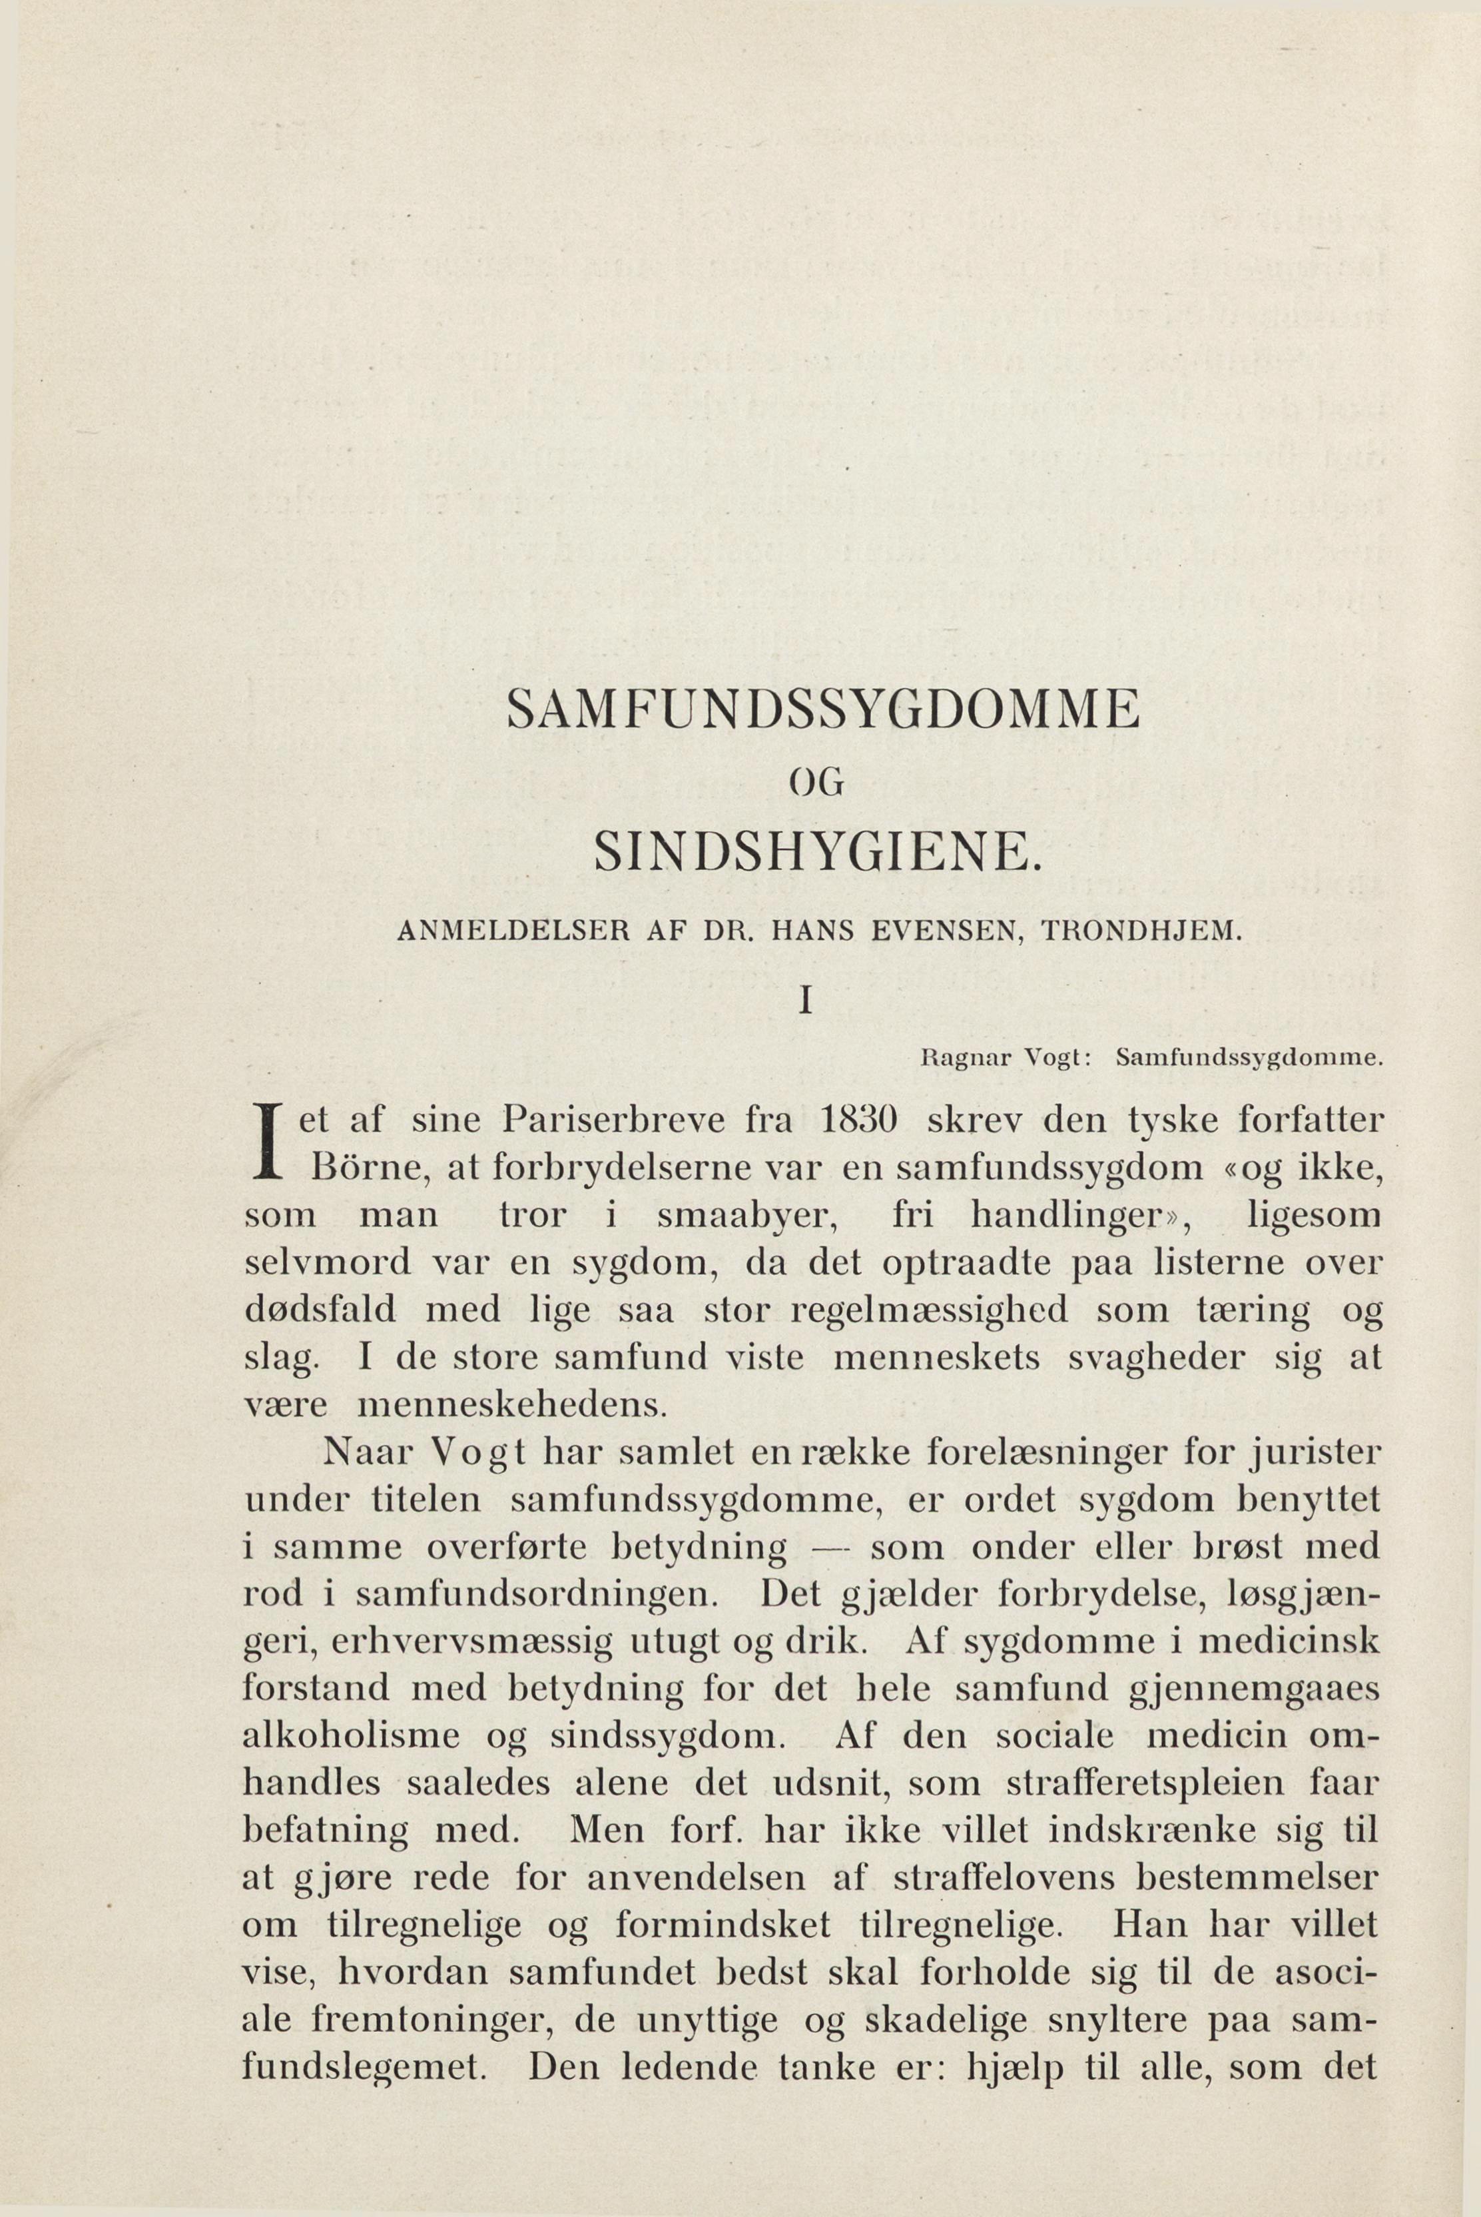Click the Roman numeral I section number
click(x=806, y=1001)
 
